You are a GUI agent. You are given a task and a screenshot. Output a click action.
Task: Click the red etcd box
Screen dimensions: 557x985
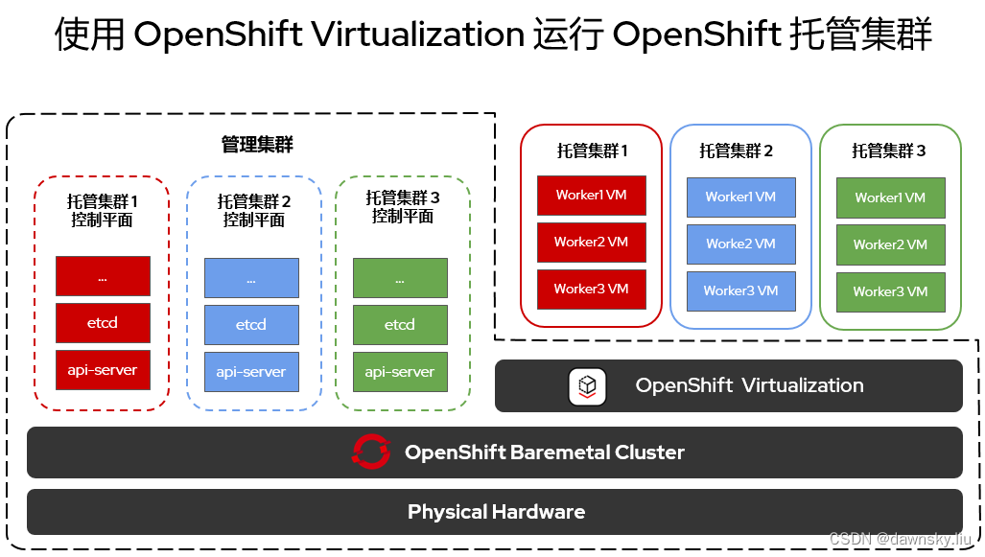click(103, 323)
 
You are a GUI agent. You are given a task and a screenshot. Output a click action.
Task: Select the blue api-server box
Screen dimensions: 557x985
click(251, 371)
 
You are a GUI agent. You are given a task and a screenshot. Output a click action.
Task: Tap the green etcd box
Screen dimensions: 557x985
click(400, 324)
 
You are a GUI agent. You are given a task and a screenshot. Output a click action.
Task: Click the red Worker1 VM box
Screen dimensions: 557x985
click(591, 196)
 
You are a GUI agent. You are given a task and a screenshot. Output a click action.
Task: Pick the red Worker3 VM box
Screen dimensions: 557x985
click(591, 289)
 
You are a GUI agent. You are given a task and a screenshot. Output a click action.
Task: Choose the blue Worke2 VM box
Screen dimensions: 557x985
click(740, 244)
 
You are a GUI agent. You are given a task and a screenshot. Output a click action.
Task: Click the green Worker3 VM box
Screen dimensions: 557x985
click(890, 291)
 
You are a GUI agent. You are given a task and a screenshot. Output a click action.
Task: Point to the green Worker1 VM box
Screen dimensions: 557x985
click(890, 197)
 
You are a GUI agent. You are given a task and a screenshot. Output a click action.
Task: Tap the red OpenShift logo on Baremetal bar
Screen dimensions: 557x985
click(371, 452)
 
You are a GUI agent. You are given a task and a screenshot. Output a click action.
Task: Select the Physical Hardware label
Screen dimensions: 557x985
click(496, 512)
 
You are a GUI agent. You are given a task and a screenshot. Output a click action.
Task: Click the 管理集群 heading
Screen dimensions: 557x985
click(257, 145)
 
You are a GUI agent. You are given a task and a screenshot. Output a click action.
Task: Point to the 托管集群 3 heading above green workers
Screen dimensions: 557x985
click(889, 151)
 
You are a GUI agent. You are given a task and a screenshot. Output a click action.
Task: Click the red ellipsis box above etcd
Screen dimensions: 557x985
click(103, 276)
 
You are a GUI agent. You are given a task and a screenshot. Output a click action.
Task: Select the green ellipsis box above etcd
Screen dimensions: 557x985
click(400, 277)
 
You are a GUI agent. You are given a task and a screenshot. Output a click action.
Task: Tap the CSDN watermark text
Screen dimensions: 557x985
click(900, 539)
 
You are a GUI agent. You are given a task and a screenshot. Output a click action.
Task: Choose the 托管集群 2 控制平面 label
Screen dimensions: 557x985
click(254, 210)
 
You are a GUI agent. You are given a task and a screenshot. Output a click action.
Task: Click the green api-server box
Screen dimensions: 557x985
click(400, 371)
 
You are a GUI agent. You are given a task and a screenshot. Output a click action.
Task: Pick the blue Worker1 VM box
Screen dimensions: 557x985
click(740, 197)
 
